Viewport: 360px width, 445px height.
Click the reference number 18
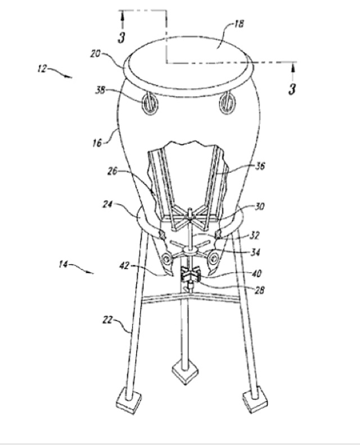pos(239,24)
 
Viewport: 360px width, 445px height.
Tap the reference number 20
pos(95,53)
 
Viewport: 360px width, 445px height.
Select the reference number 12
pos(42,69)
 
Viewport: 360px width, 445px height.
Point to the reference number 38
pos(100,90)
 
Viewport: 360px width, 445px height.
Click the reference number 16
pos(97,143)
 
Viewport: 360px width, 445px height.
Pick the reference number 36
pos(259,165)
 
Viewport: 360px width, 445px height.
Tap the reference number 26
pos(112,171)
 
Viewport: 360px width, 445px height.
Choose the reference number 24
pos(107,204)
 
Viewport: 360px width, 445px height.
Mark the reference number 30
pos(259,206)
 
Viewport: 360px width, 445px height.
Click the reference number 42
pos(124,266)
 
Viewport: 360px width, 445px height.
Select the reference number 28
pos(259,290)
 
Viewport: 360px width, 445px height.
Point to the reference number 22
pos(107,320)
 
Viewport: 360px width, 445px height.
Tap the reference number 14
pos(63,264)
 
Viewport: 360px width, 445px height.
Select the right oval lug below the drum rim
pos(227,103)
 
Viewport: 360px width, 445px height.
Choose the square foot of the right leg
pos(255,398)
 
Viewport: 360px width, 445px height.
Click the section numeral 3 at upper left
pos(121,37)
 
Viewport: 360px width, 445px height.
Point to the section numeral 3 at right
pos(292,89)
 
